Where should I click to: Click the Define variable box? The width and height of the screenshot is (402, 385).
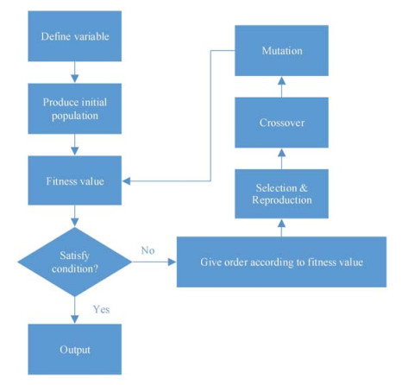pyautogui.click(x=75, y=36)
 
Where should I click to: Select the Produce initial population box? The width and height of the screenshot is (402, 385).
pyautogui.click(x=75, y=109)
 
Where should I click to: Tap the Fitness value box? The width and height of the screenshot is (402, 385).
pyautogui.click(x=75, y=180)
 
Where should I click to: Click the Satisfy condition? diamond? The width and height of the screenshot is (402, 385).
pyautogui.click(x=75, y=262)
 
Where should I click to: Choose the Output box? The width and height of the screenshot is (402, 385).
pyautogui.click(x=75, y=350)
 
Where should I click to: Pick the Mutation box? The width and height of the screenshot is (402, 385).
pyautogui.click(x=281, y=51)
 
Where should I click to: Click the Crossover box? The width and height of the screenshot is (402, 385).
pyautogui.click(x=281, y=123)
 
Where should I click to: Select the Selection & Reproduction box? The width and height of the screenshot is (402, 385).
pyautogui.click(x=281, y=194)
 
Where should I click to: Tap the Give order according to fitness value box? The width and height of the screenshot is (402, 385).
pyautogui.click(x=281, y=262)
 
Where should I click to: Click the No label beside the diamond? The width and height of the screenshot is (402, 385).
pyautogui.click(x=148, y=250)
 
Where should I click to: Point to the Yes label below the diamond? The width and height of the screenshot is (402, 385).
pyautogui.click(x=101, y=309)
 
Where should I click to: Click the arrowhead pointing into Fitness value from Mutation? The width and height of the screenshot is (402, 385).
pyautogui.click(x=126, y=181)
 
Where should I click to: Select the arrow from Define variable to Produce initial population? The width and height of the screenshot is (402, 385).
pyautogui.click(x=75, y=73)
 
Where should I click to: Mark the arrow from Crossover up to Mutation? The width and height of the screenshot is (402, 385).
pyautogui.click(x=282, y=87)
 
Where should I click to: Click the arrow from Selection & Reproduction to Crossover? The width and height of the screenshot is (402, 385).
pyautogui.click(x=282, y=159)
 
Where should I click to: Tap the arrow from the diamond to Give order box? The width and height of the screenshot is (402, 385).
pyautogui.click(x=154, y=262)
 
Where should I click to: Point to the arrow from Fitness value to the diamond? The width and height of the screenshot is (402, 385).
pyautogui.click(x=75, y=216)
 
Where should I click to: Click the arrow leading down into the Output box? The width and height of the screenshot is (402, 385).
pyautogui.click(x=75, y=310)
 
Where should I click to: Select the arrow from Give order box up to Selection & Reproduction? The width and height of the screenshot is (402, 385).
pyautogui.click(x=282, y=228)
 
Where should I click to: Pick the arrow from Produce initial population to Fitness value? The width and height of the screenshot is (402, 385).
pyautogui.click(x=75, y=145)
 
